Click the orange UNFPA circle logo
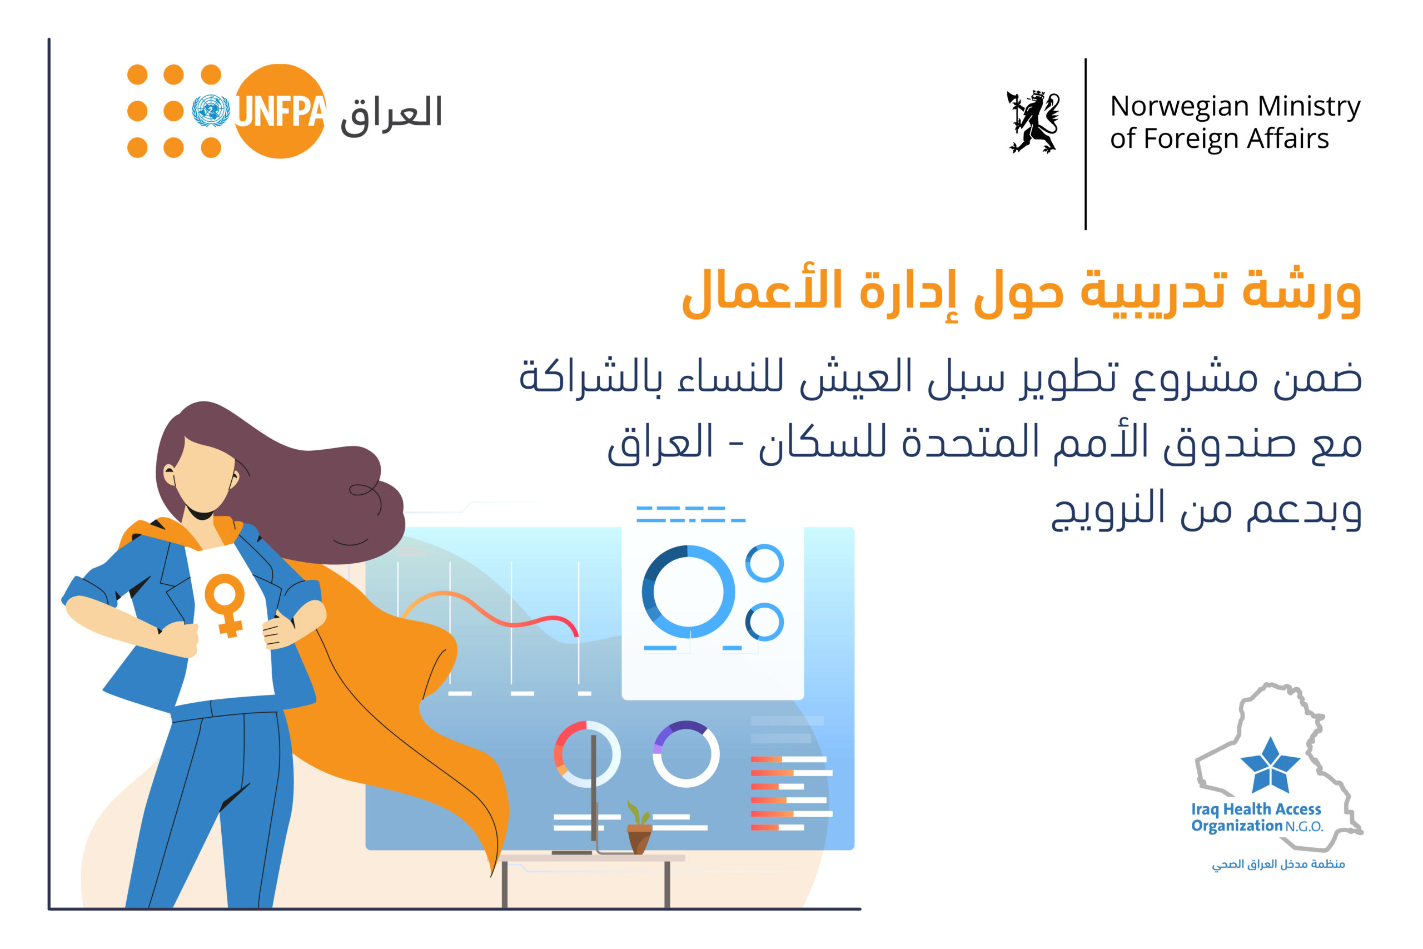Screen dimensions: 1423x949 pyautogui.click(x=280, y=111)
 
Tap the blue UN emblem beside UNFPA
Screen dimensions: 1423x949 pyautogui.click(x=211, y=111)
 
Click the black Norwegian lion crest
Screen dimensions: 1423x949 pyautogui.click(x=1033, y=122)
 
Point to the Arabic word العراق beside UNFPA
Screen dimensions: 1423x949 pyautogui.click(x=391, y=115)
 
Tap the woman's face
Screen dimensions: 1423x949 pyautogui.click(x=203, y=476)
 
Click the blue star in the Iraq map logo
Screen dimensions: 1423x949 pyautogui.click(x=1270, y=765)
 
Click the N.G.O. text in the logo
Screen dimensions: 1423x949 pyautogui.click(x=1304, y=827)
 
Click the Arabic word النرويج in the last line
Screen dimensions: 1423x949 pyautogui.click(x=1107, y=510)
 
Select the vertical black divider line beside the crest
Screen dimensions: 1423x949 pyautogui.click(x=1086, y=144)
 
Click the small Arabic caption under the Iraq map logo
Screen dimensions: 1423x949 pyautogui.click(x=1278, y=864)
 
